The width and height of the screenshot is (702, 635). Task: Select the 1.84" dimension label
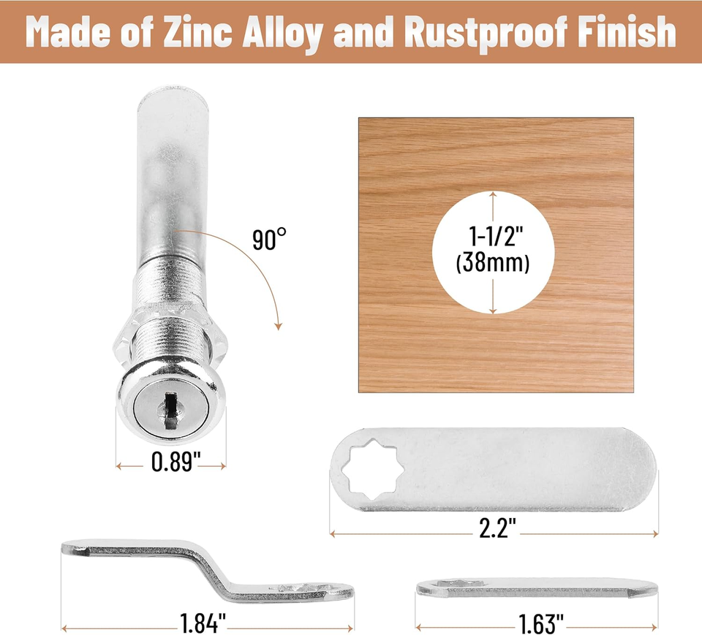pos(204,626)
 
